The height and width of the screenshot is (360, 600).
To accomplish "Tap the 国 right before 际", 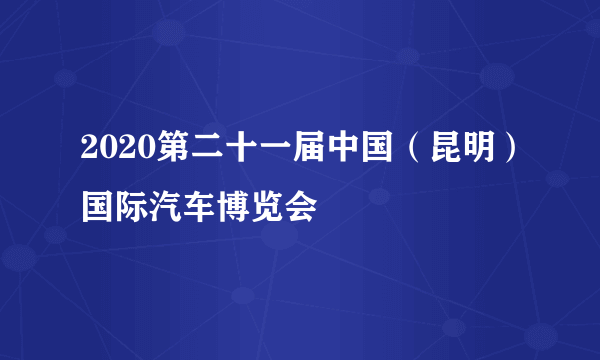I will tap(96, 209).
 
